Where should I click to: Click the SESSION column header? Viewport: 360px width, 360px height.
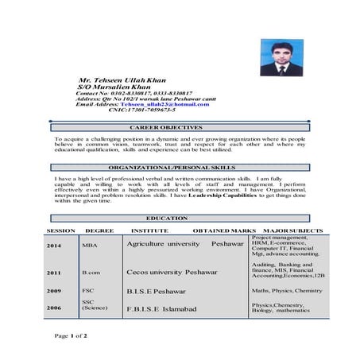click(x=60, y=230)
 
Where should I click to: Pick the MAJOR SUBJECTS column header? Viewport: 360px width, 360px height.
click(x=292, y=230)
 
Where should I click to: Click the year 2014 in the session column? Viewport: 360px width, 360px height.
click(x=54, y=246)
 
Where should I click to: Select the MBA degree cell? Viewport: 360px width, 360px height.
click(x=90, y=246)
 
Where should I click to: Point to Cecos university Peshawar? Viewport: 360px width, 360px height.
click(x=171, y=273)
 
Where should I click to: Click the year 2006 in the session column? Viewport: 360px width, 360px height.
click(x=54, y=307)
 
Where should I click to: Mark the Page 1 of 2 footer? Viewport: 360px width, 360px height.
click(x=71, y=336)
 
